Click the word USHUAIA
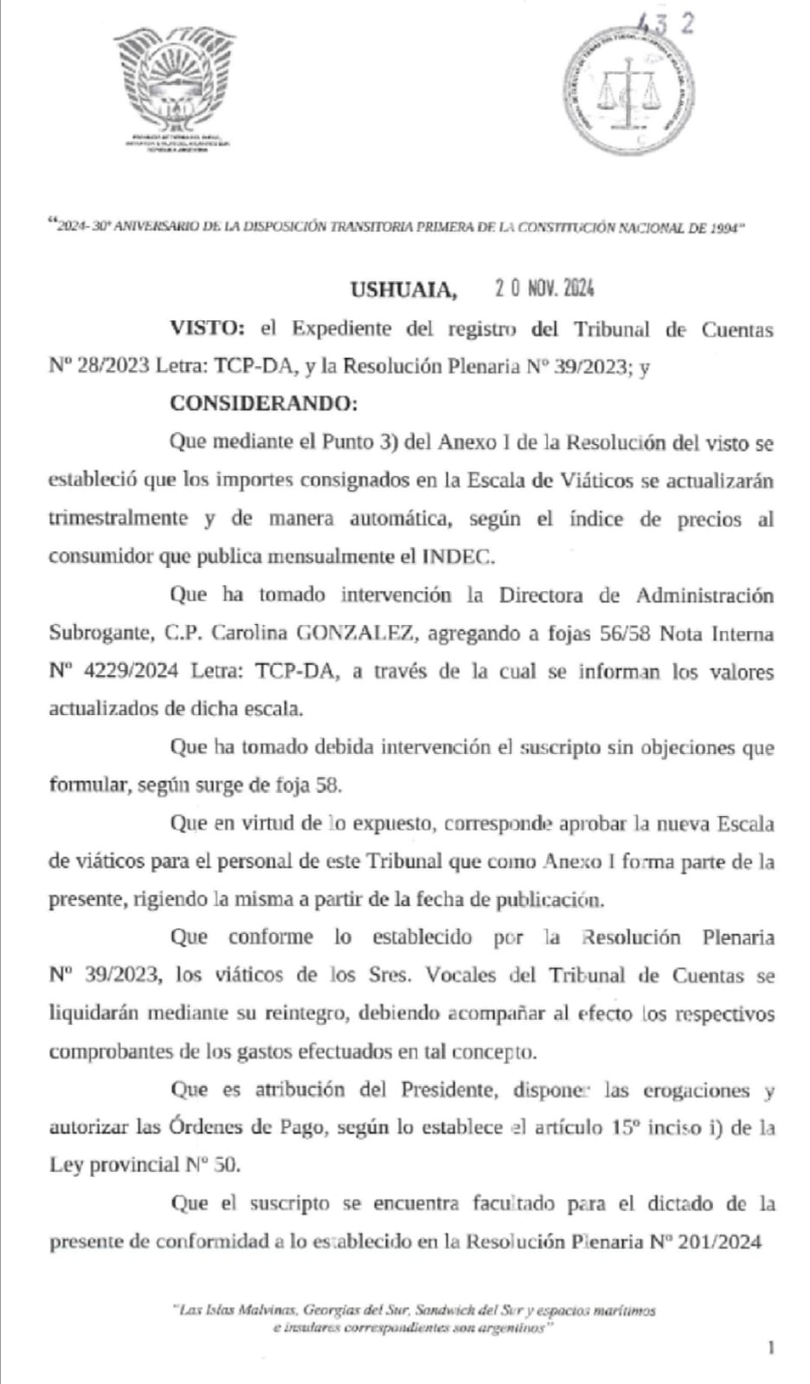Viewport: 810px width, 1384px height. tap(402, 289)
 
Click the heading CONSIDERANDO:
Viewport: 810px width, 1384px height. tap(263, 403)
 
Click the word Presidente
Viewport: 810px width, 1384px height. tap(447, 1090)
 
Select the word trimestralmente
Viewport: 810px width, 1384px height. tap(118, 518)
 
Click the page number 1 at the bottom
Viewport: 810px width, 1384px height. tap(770, 1347)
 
